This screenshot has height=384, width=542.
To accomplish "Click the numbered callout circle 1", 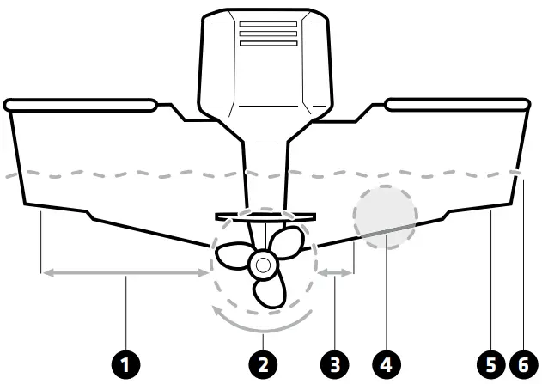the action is click(125, 364).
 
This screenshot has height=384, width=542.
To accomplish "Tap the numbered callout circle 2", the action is click(263, 364).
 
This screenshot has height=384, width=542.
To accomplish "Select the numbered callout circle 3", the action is click(335, 364).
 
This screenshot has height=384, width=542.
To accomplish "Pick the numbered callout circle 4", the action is click(387, 364).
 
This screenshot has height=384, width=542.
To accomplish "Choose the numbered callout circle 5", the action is click(490, 364).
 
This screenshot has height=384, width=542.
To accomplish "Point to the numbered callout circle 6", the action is click(524, 364).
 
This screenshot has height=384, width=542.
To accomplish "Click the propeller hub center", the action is click(264, 265).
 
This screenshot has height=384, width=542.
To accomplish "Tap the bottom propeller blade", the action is click(271, 292).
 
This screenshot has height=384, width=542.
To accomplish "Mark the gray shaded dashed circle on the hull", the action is click(386, 217).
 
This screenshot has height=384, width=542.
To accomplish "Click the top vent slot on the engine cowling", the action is click(268, 24).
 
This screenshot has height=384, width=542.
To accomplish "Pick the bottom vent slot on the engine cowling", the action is click(268, 43).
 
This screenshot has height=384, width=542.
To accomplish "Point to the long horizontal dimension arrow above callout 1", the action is click(125, 272).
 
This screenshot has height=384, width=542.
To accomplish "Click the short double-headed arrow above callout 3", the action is click(335, 272).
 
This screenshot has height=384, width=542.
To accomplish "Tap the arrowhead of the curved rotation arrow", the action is click(217, 311).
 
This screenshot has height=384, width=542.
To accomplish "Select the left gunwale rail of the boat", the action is click(80, 105).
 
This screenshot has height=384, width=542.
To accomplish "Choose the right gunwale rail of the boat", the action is click(458, 105).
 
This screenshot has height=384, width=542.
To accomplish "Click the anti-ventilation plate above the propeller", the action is click(265, 217).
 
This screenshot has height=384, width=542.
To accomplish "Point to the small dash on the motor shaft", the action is click(266, 143).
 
